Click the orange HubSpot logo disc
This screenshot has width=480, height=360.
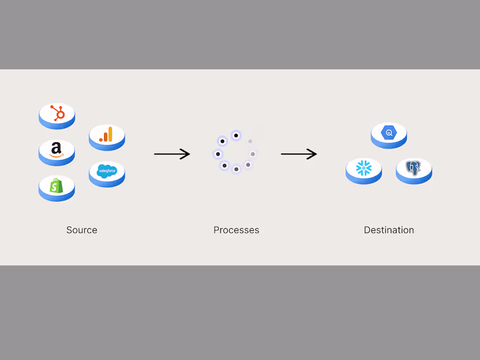point(57,114)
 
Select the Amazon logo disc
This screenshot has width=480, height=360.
point(57,151)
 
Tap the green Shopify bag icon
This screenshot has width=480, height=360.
point(56,186)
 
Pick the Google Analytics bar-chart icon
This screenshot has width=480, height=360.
point(106,135)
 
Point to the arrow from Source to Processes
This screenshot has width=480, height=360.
point(171,154)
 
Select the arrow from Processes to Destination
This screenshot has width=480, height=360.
point(298,154)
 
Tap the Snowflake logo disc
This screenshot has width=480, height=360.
point(363,168)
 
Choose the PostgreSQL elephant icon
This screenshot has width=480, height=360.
point(414,168)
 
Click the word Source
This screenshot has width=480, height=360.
point(82,230)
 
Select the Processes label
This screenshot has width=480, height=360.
point(236,230)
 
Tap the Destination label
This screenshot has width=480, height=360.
point(389,230)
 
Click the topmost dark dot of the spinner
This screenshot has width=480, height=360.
point(236,136)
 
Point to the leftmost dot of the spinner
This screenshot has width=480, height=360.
point(218,154)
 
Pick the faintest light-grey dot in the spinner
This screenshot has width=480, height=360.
point(250,141)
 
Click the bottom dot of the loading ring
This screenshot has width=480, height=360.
point(236,169)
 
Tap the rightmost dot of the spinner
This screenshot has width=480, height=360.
point(253,154)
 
